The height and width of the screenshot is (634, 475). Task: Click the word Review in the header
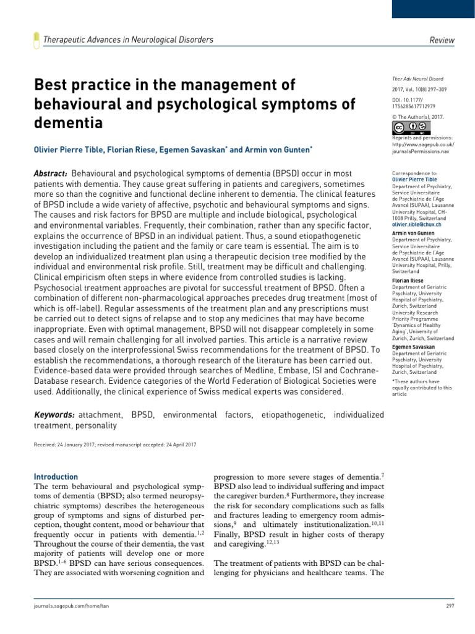(442, 40)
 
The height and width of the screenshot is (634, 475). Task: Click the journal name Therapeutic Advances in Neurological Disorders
(128, 40)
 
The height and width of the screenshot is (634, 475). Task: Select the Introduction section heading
(56, 477)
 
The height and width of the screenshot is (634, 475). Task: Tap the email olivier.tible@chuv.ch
(418, 225)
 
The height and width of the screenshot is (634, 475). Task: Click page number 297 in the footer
(450, 604)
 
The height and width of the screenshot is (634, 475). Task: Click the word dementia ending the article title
(67, 123)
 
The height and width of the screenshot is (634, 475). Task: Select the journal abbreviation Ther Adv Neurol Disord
(417, 79)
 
